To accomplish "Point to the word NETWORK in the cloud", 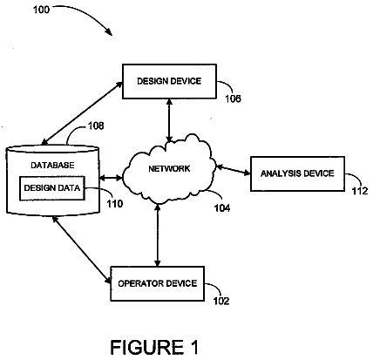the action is (169, 168).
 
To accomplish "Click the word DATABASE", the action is (52, 166).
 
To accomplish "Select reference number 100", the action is (42, 10).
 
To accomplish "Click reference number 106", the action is (234, 98).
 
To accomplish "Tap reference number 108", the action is (96, 126).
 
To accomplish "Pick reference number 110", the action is (115, 204).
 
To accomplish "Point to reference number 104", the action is (222, 207).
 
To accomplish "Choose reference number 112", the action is (360, 191).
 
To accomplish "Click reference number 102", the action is (221, 301).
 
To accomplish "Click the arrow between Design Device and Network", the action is (169, 120).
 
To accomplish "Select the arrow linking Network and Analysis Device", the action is (234, 170).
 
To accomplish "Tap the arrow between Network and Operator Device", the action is (158, 235).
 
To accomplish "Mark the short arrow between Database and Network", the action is (111, 178).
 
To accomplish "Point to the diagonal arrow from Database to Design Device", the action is (82, 113).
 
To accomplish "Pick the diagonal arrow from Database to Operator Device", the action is (82, 250).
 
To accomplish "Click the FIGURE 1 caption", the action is (154, 347).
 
